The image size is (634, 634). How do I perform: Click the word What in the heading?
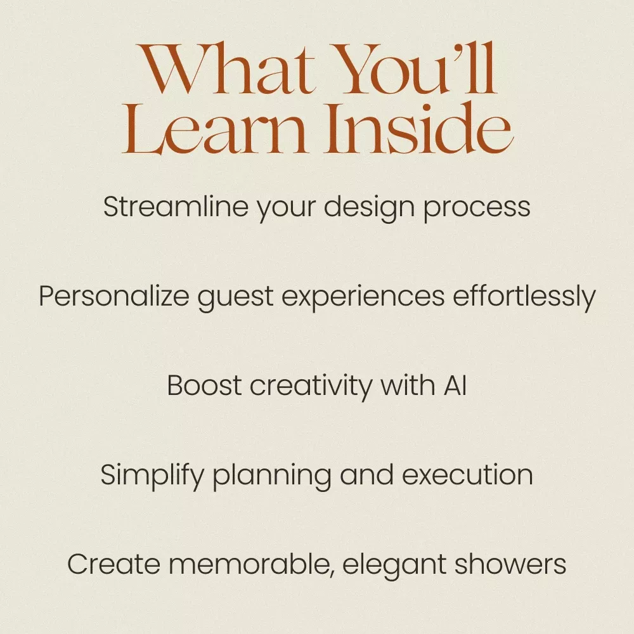pos(226,68)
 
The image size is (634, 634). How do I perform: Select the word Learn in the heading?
pos(215,129)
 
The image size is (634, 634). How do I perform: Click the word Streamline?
pos(176,207)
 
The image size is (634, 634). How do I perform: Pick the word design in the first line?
pos(369,209)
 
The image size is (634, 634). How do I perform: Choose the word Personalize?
pos(114,296)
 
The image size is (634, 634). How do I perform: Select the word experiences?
pos(363,299)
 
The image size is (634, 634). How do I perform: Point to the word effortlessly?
pos(524,297)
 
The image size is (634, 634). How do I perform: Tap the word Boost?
pos(204,385)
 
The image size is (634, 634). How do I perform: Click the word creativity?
pos(311,387)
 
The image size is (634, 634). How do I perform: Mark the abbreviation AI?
pos(455,385)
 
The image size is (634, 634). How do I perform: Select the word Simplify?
pos(152,476)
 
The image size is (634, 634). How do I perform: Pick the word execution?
pos(467,475)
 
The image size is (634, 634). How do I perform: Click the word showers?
pos(510,564)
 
